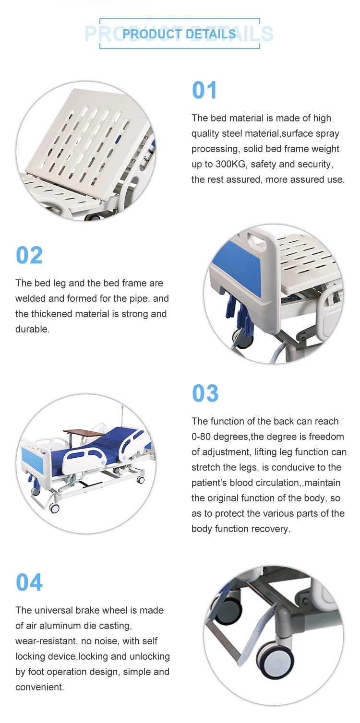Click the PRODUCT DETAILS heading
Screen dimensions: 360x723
(x=179, y=34)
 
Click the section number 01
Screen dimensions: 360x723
(x=204, y=90)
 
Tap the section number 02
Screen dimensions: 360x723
(x=29, y=255)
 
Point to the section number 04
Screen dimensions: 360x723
(x=29, y=582)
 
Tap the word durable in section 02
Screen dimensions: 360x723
(x=32, y=329)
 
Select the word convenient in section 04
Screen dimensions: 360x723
(x=39, y=687)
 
